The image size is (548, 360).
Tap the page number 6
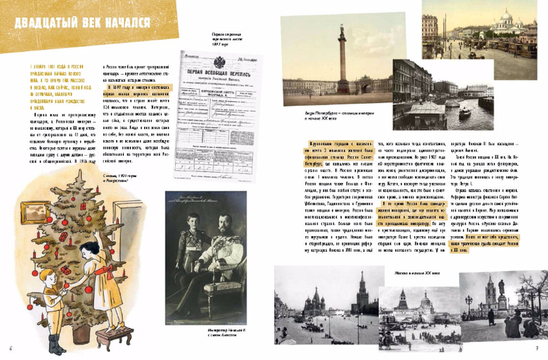pyautogui.click(x=11, y=349)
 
